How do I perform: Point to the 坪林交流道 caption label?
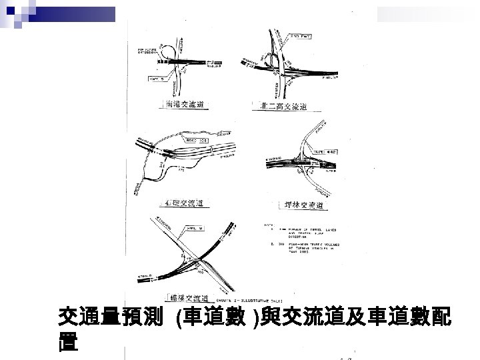tap(301, 205)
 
